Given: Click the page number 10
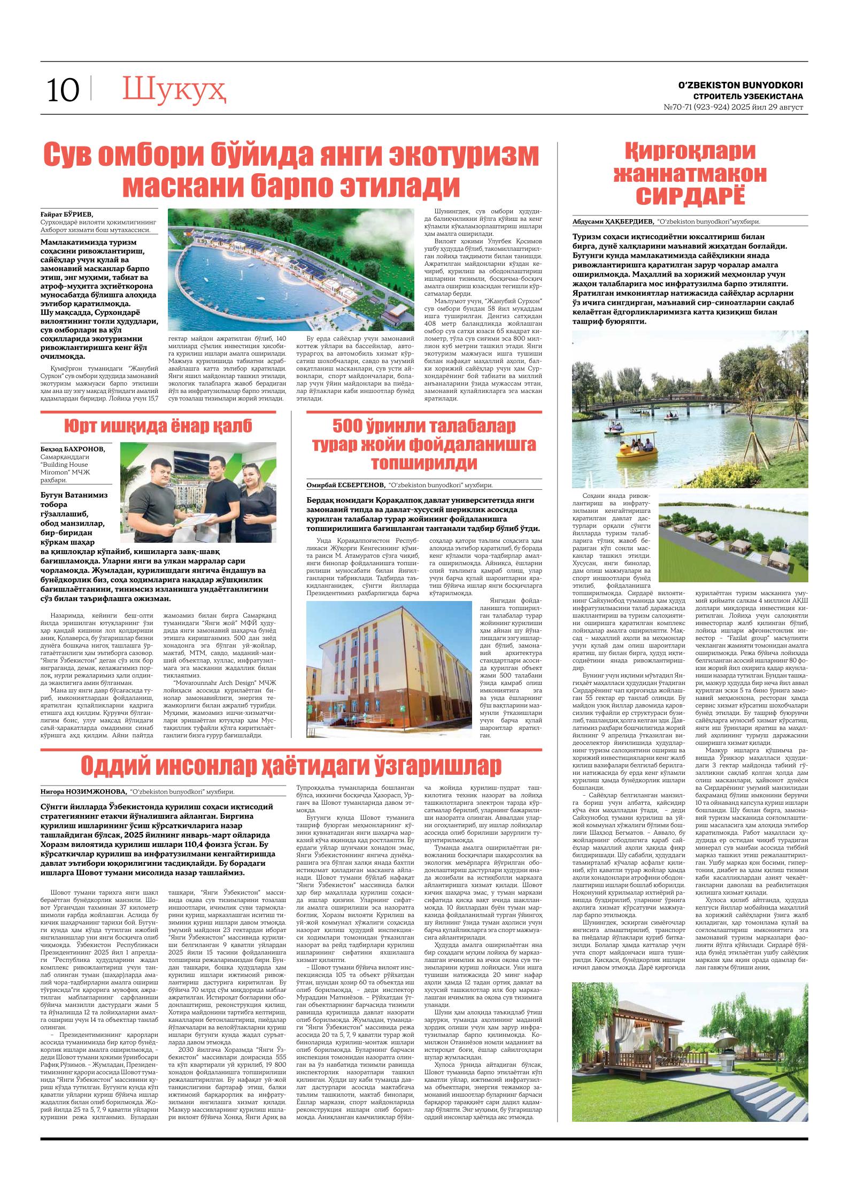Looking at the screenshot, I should point(63,90).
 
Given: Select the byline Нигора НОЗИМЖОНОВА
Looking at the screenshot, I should point(83,791).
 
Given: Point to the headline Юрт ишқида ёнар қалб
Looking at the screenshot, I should point(158,427).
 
